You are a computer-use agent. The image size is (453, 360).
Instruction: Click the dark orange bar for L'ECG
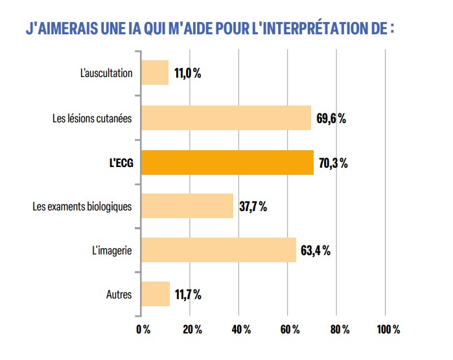[x=227, y=163]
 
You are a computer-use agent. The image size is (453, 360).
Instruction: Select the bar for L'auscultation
[x=155, y=73]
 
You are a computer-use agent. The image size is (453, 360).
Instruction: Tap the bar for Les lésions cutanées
[x=226, y=118]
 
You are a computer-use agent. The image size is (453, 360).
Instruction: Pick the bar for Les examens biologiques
[x=187, y=207]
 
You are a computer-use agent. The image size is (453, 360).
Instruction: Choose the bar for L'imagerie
[x=218, y=250]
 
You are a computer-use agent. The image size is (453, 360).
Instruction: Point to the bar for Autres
[x=156, y=294]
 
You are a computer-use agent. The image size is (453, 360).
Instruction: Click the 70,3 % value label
[x=333, y=163]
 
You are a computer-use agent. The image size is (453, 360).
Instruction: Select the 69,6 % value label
[x=331, y=118]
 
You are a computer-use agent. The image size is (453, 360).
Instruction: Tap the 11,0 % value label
[x=187, y=74]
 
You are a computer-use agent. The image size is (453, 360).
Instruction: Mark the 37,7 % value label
[x=253, y=207]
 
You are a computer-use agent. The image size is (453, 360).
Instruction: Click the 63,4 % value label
[x=316, y=251]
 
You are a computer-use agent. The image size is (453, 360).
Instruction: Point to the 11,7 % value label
[x=187, y=295]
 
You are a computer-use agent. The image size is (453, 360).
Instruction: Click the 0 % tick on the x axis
[x=143, y=330]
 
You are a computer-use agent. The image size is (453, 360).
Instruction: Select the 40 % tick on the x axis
[x=240, y=330]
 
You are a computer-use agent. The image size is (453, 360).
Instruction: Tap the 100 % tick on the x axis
[x=388, y=330]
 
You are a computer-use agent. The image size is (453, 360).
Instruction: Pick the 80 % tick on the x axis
[x=338, y=330]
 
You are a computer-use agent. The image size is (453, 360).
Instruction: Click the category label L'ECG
[x=121, y=163]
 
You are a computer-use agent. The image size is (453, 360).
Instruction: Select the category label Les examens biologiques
[x=82, y=207]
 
